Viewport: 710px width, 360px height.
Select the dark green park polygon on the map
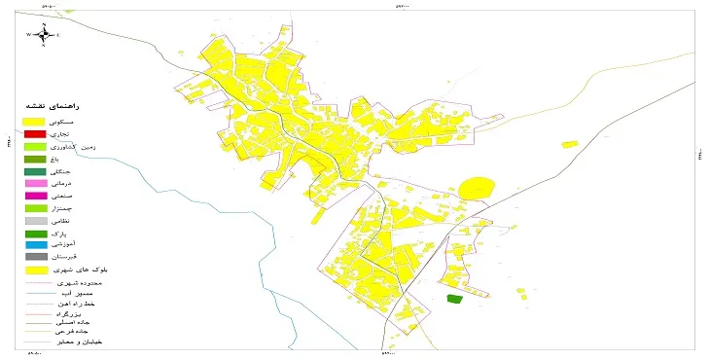pyautogui.click(x=453, y=299)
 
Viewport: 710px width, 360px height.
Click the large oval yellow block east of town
pyautogui.click(x=477, y=189)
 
